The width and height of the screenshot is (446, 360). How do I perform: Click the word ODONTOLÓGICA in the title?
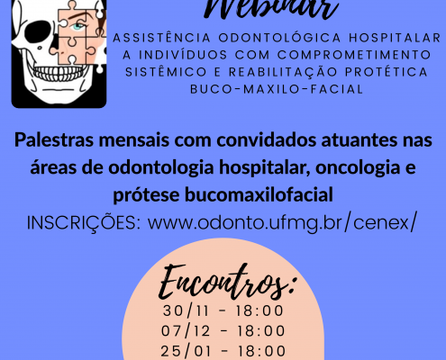(x=279, y=38)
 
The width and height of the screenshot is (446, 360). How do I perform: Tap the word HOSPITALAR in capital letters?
(x=395, y=38)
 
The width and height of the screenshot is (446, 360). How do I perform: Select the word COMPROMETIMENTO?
(x=354, y=55)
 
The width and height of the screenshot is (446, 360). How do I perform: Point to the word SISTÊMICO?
(x=166, y=72)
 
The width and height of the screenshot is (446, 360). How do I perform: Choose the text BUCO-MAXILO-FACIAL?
(x=277, y=89)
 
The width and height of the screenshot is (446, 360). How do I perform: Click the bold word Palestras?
(x=54, y=140)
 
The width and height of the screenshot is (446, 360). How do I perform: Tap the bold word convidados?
(x=267, y=140)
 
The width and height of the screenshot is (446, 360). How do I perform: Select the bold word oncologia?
(x=358, y=167)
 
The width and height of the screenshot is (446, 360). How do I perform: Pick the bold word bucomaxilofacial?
(x=259, y=194)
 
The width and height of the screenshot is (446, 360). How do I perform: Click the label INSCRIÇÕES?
(x=84, y=222)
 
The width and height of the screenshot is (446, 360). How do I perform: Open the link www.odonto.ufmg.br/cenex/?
(x=282, y=223)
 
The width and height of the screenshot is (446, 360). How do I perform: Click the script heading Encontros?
(x=226, y=282)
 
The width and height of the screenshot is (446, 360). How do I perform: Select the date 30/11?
(x=186, y=310)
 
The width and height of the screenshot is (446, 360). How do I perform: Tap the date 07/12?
(x=186, y=331)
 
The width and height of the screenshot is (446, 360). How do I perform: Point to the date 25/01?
(x=187, y=351)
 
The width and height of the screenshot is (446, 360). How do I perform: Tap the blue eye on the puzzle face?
(x=78, y=26)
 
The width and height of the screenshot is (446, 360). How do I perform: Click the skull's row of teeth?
(x=60, y=73)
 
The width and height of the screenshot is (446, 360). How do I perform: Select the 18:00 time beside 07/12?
(x=261, y=331)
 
